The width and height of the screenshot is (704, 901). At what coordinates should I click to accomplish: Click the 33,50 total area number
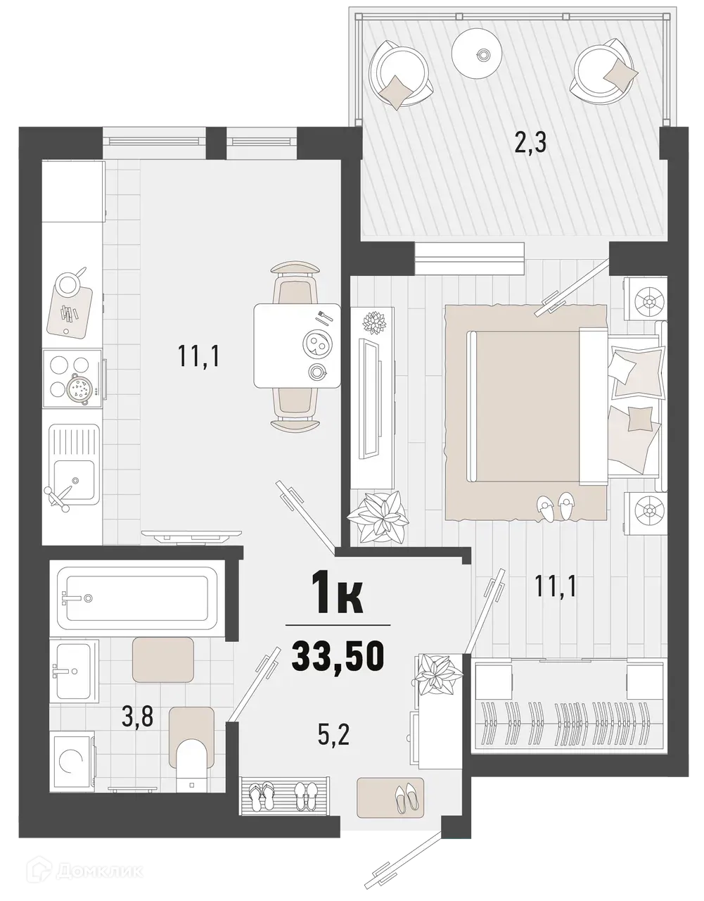(338, 656)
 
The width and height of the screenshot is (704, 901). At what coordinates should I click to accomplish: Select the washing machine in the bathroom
(72, 762)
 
